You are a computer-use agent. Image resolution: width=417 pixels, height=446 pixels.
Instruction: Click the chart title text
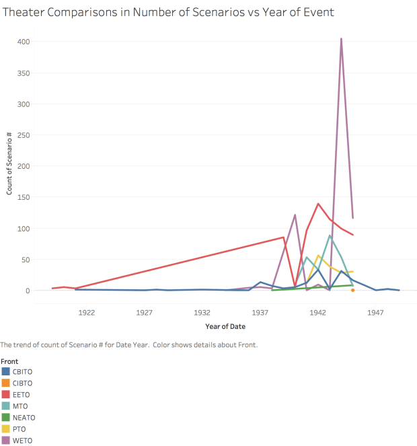point(168,12)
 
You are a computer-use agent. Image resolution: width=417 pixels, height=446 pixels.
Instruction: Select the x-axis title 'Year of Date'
point(225,326)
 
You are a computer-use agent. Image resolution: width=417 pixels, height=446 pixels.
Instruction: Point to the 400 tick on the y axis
point(24,42)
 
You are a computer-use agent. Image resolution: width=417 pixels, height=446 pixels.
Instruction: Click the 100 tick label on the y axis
point(24,229)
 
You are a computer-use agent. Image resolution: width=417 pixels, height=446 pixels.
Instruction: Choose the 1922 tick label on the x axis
point(86,313)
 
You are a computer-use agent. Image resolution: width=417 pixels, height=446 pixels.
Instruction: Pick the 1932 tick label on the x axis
point(202,313)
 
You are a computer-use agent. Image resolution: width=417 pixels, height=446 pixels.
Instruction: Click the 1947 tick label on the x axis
point(376,313)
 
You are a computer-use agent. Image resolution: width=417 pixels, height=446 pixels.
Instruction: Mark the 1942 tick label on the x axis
point(318,313)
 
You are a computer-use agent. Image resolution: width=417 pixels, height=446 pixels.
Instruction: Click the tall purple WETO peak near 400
point(341,39)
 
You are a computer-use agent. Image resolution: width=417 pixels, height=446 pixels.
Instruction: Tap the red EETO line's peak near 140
point(318,204)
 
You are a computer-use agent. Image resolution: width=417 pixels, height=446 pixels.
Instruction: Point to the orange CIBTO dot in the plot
point(352,290)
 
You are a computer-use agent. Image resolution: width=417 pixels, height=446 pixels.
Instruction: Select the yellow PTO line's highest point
point(318,256)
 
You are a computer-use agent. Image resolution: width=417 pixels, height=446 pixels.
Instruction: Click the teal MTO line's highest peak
point(330,235)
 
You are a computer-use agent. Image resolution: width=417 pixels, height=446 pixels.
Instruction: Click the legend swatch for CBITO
point(6,371)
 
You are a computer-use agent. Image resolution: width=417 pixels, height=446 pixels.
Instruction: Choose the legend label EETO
point(22,395)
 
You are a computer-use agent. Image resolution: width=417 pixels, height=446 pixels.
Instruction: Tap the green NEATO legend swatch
point(6,418)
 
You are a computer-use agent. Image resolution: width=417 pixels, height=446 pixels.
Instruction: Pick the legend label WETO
point(22,441)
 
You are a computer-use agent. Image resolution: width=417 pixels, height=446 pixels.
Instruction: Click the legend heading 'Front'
point(9,361)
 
